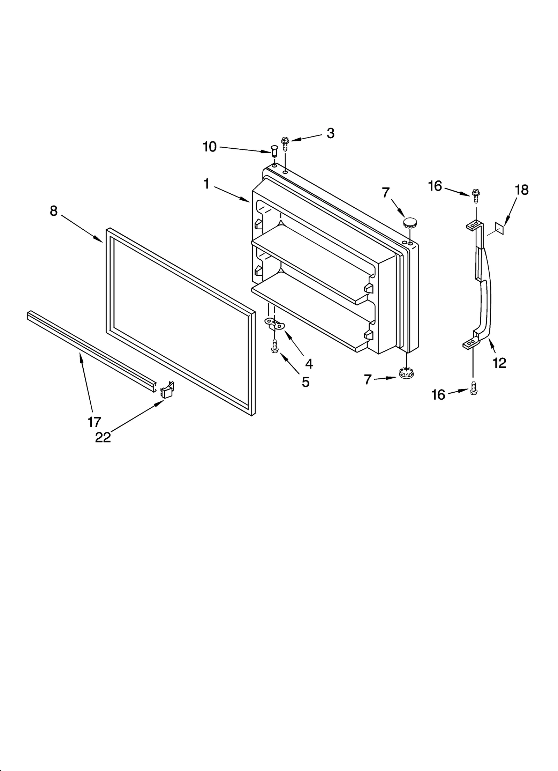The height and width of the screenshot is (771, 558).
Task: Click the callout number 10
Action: pos(210,147)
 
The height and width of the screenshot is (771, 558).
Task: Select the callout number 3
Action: pos(330,133)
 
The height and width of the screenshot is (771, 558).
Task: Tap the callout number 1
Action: pos(206,184)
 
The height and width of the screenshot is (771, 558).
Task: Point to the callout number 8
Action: pos(53,211)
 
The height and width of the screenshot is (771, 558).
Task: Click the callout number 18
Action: pos(522,190)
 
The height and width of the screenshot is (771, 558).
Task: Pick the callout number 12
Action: pos(499,363)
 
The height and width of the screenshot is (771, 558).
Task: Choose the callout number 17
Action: pos(94,422)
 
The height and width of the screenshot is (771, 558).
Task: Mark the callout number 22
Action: pos(103,437)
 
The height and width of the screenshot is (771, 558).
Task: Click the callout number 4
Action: pos(309,364)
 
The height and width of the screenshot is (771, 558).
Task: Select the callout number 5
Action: pos(306,382)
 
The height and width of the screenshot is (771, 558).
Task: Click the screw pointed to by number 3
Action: pos(285,143)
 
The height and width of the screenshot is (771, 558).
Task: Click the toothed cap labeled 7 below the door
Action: pos(405,373)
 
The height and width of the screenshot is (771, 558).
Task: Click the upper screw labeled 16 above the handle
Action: pos(476,195)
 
